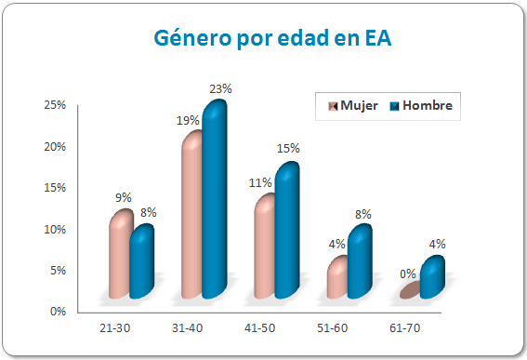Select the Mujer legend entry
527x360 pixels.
(352, 106)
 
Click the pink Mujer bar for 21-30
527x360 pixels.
(119, 256)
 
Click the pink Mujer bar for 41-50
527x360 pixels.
(264, 248)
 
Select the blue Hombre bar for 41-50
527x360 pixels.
(285, 233)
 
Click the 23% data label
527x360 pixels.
(220, 88)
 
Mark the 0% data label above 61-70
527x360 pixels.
(408, 274)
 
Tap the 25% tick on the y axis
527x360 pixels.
(54, 106)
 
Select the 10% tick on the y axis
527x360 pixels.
(54, 230)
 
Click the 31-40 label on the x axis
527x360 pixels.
(201, 328)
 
